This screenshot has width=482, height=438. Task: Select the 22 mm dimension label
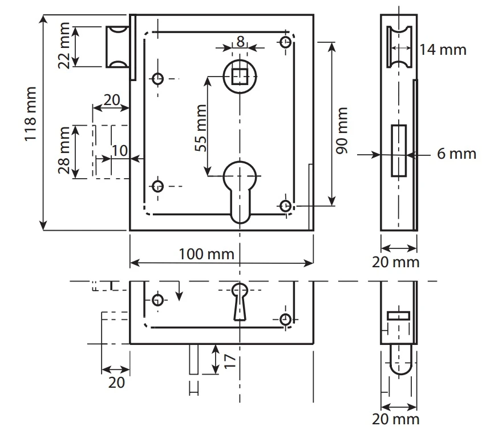[64, 45]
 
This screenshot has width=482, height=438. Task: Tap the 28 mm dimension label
[64, 151]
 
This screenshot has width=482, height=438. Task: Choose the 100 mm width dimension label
[206, 254]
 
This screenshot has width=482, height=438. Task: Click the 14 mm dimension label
[443, 50]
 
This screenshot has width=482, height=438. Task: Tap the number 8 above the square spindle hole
[240, 41]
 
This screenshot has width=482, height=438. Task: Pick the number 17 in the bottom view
[230, 359]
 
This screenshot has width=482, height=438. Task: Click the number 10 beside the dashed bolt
[119, 150]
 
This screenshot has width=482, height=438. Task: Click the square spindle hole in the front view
[240, 75]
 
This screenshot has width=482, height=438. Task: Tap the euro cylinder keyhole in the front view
[240, 188]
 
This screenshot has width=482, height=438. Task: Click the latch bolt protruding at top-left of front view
[118, 46]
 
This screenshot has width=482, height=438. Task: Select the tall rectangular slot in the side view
[398, 150]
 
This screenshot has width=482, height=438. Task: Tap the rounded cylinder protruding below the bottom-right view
[399, 360]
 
